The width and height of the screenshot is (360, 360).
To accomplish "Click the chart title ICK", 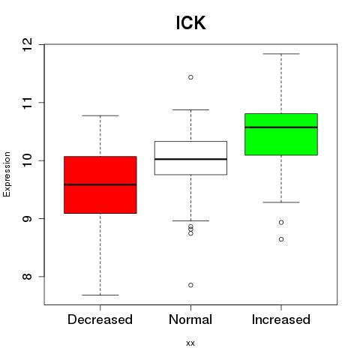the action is (190, 22).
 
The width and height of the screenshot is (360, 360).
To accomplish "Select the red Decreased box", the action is (100, 184).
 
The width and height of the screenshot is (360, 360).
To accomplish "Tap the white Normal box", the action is (190, 158).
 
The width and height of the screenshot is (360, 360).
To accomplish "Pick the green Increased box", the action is (281, 134).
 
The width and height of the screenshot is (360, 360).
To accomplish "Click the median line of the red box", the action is (100, 184).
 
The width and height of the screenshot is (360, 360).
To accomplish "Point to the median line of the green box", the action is (281, 127).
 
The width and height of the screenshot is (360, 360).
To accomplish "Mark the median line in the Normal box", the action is (190, 159).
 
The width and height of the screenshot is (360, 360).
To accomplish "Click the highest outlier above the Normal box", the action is (190, 77).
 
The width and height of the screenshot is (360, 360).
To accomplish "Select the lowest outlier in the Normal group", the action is (190, 285).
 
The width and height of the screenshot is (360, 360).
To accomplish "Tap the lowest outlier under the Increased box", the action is (281, 239).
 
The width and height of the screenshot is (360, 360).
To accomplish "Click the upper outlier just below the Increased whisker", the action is (281, 223).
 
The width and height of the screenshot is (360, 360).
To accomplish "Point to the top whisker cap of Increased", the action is (281, 54).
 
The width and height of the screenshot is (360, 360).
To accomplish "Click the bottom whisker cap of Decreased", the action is (100, 295).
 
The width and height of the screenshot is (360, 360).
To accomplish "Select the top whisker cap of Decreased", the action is (100, 115).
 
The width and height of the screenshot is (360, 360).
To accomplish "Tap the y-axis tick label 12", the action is (28, 44).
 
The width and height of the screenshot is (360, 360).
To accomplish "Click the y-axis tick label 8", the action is (28, 277).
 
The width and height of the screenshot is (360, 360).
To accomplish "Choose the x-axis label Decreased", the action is (100, 319).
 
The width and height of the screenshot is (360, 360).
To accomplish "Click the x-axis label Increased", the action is (281, 319).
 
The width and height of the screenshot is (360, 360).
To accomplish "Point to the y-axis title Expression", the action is (7, 175).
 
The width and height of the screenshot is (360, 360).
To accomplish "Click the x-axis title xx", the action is (190, 343).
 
